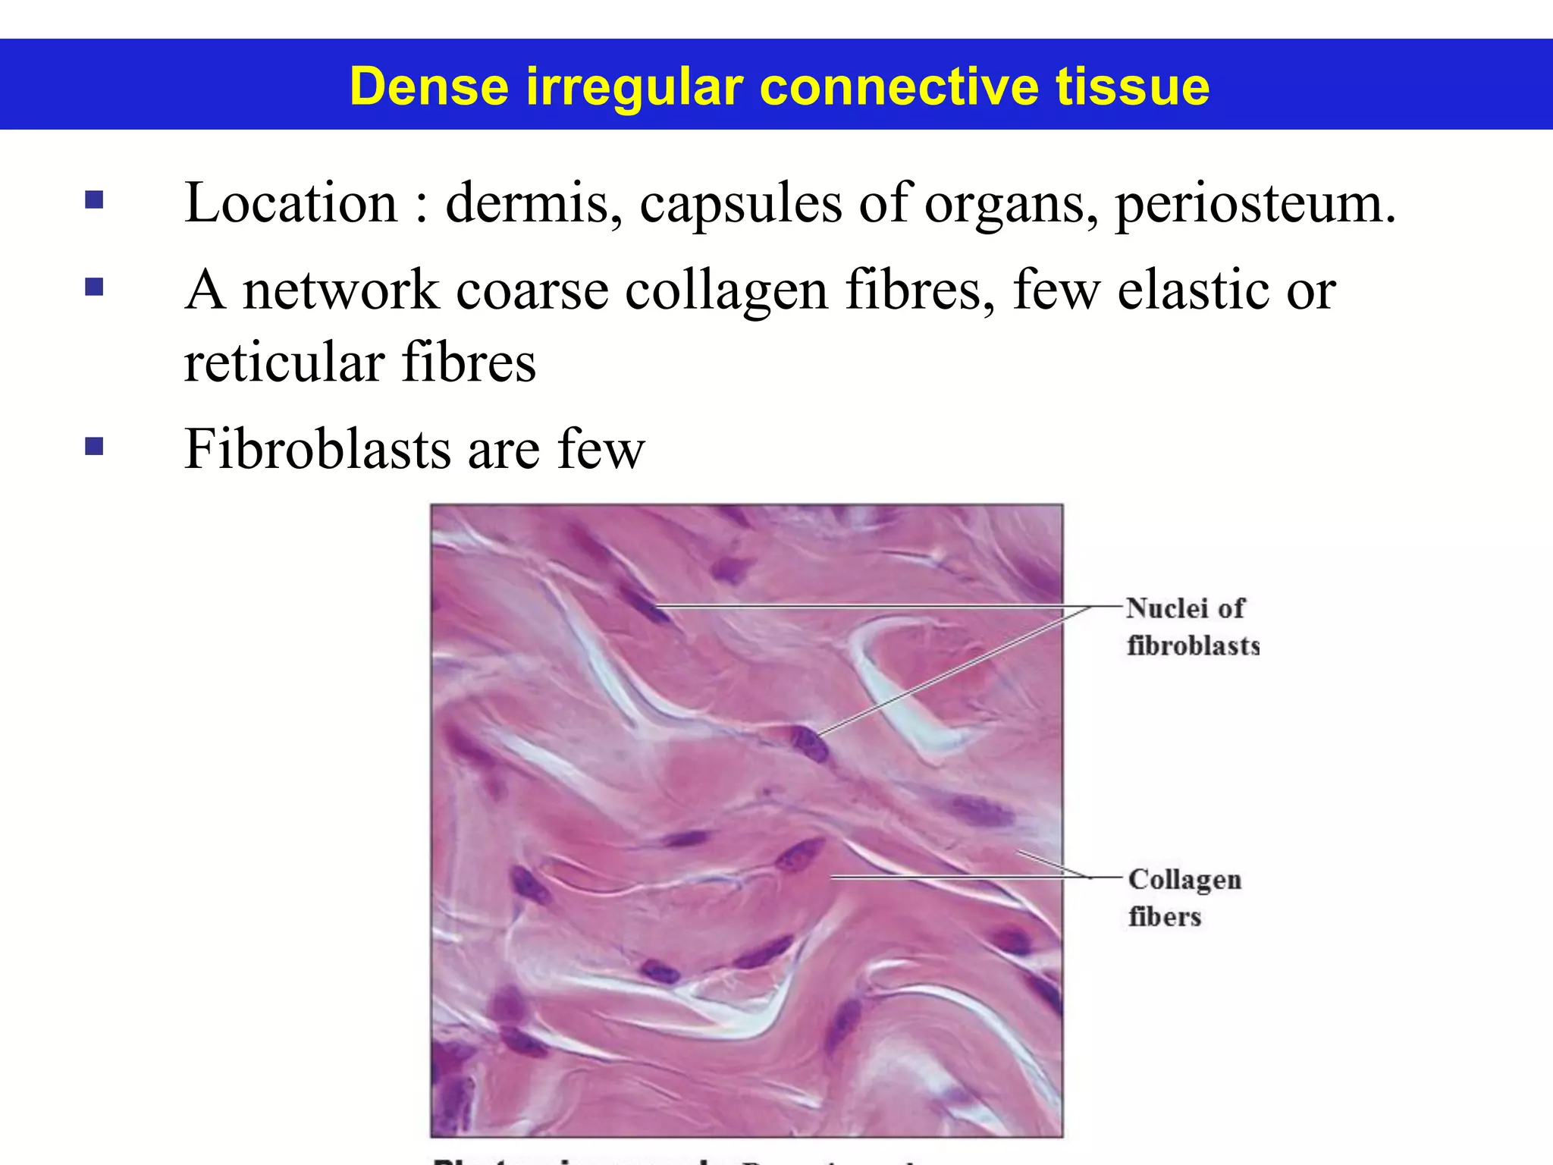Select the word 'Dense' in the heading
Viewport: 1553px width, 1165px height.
tap(429, 86)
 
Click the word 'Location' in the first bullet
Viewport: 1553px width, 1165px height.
tap(290, 203)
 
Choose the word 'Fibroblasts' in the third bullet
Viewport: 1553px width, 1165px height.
tap(318, 449)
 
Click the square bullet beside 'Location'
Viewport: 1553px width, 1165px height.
tap(94, 200)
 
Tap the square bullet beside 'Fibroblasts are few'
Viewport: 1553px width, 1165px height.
tap(94, 446)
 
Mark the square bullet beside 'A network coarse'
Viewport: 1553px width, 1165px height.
tap(94, 287)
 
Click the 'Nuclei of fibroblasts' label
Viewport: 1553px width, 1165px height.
tap(1191, 626)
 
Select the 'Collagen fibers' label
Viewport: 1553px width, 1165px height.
tap(1184, 898)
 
